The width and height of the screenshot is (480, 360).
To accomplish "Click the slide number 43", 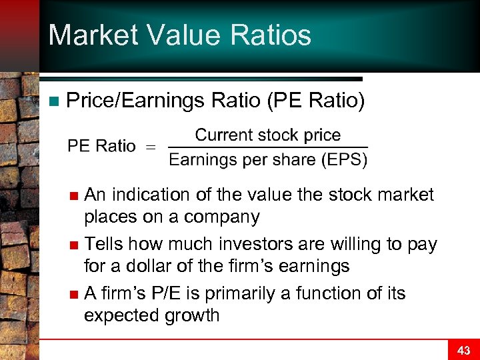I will [x=463, y=350].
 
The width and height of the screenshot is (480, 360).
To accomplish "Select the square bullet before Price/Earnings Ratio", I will [x=54, y=101].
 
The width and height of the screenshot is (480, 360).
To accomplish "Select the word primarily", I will [x=238, y=293].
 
